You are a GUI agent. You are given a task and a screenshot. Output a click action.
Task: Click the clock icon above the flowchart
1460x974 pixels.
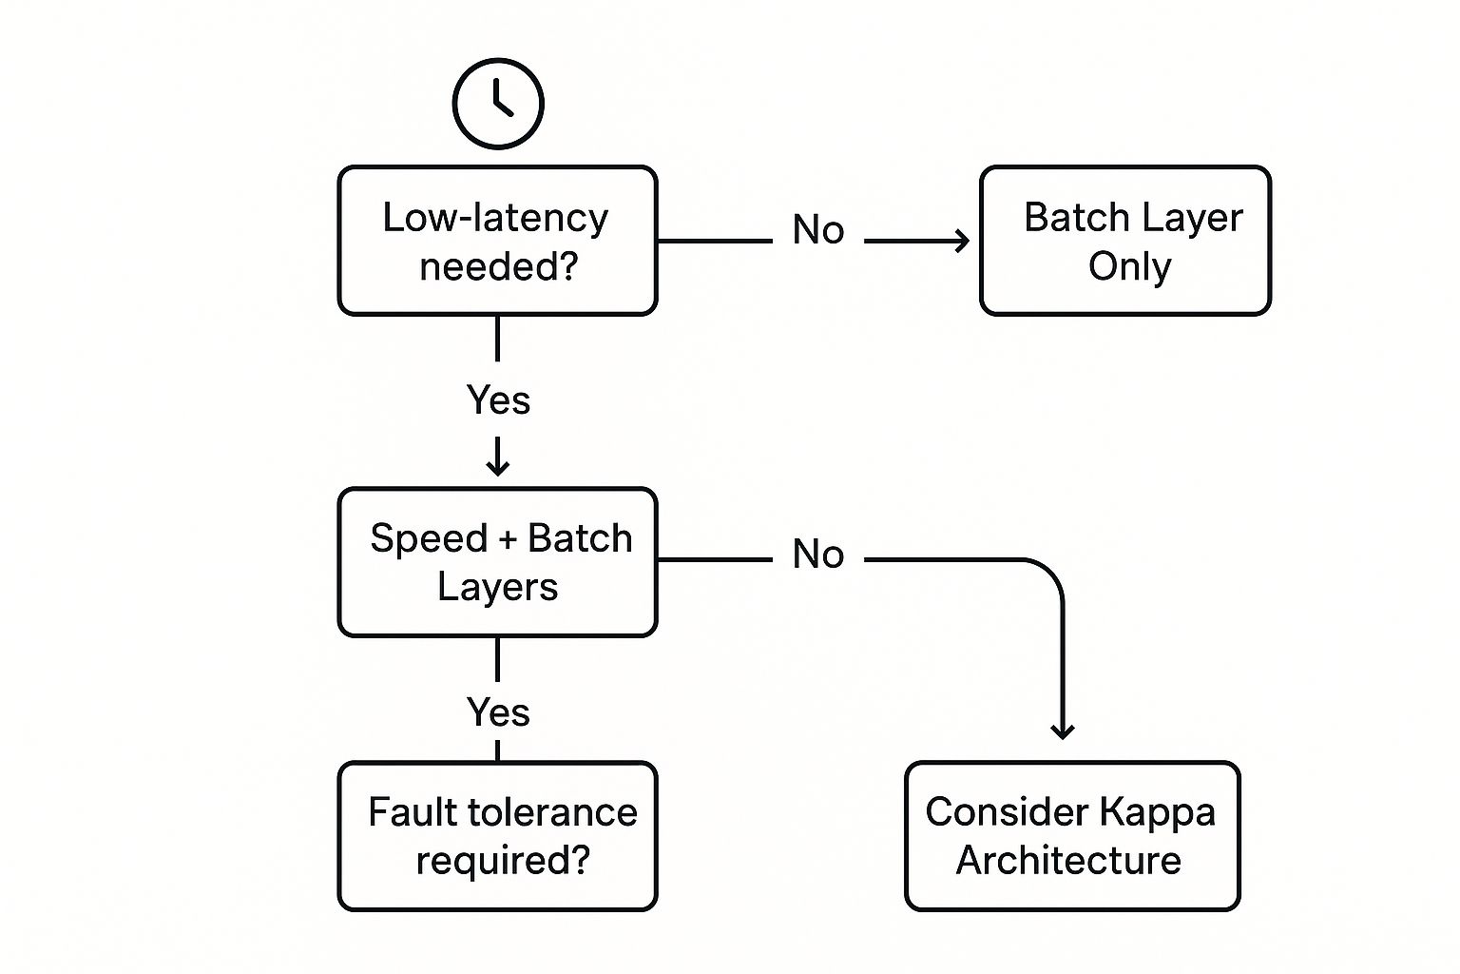pos(498,104)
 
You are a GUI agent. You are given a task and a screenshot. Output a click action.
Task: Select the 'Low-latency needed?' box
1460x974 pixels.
pos(497,241)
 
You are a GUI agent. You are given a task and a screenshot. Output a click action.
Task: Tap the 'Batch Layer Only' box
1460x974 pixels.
pos(1125,241)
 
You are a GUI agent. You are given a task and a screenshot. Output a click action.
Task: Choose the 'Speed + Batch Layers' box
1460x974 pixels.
pos(497,562)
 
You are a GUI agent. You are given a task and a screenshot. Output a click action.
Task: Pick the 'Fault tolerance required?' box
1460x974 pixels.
pos(497,836)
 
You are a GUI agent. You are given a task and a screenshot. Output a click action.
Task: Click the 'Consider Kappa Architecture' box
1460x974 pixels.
pos(1072,836)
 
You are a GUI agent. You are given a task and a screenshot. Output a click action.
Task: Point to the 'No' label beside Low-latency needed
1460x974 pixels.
pos(818,230)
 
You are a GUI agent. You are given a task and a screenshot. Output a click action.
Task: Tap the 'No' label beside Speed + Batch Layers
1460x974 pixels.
pos(818,555)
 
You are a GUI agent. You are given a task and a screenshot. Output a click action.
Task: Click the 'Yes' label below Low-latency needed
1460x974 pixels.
pos(498,400)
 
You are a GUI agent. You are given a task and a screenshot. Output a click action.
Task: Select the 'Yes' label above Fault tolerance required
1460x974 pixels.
pos(498,712)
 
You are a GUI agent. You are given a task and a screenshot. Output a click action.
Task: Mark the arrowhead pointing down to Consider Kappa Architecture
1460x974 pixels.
pos(1063,730)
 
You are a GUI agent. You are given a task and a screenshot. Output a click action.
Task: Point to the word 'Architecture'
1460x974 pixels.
pos(1068,861)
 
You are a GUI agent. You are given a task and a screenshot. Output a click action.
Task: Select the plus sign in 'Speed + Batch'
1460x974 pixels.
pos(508,540)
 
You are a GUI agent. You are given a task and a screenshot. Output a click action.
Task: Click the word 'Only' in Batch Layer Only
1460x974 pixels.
pos(1129,266)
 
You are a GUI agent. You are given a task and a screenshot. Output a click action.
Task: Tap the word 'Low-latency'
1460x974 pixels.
pos(495,218)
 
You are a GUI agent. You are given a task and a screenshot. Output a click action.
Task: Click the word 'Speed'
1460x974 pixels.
pos(428,539)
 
